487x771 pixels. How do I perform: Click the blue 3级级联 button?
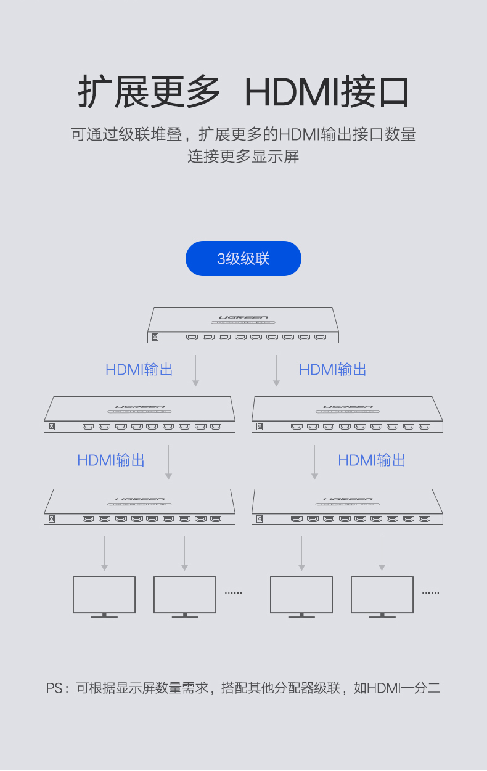click(243, 258)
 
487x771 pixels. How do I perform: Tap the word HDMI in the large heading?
click(292, 92)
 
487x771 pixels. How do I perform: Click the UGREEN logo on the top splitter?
click(243, 317)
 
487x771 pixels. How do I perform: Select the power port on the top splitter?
click(155, 337)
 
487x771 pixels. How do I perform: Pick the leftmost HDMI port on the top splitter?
click(192, 337)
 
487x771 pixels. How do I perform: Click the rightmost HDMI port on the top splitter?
click(321, 337)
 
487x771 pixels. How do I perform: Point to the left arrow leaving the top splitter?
click(196, 370)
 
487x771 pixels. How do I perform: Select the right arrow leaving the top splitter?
click(276, 370)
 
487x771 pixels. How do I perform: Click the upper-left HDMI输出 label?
click(139, 370)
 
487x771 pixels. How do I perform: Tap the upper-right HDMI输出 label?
click(332, 370)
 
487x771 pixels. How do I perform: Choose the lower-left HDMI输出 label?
click(111, 460)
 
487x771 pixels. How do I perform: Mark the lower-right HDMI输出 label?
click(372, 460)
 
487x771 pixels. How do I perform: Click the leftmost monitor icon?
click(104, 597)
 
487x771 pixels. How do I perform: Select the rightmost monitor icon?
click(382, 597)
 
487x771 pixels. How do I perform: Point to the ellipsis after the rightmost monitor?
click(430, 593)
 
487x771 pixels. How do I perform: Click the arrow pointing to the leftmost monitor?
click(105, 553)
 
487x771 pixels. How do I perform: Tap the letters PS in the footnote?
click(54, 688)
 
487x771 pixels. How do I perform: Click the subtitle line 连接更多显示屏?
click(243, 157)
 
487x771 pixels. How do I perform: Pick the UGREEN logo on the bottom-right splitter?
click(348, 499)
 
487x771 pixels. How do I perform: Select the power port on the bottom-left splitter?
click(52, 519)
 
